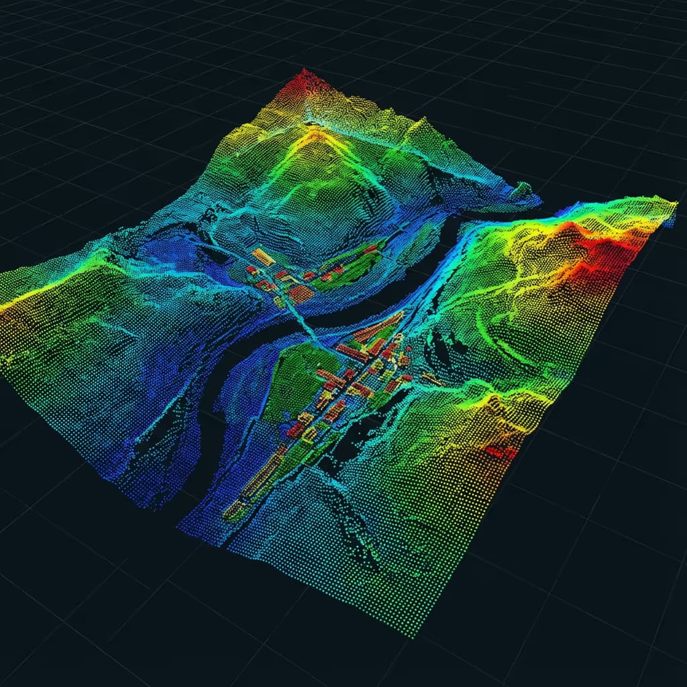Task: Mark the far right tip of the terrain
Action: [x=674, y=203]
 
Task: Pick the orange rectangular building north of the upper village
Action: [x=263, y=256]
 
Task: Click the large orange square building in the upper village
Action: [x=300, y=294]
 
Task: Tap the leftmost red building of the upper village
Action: [x=252, y=270]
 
